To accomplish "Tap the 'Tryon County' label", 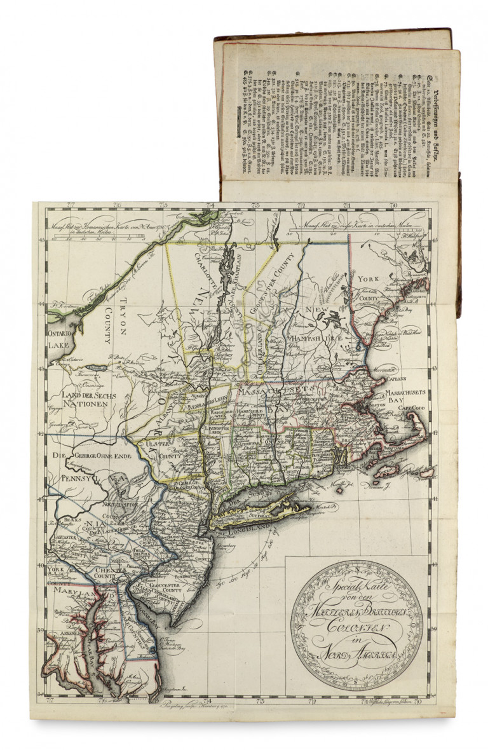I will [118, 318].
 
